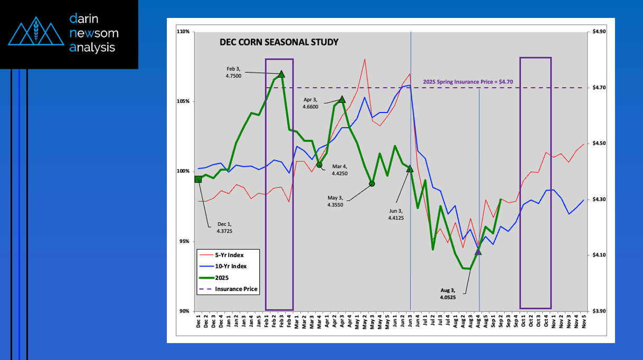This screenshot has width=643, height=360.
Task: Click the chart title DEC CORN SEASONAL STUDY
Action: [x=279, y=42]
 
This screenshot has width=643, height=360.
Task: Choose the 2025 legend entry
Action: [x=222, y=278]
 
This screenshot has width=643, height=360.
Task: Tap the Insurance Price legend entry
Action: [x=235, y=289]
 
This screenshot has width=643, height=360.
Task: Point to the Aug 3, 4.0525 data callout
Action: [x=448, y=293]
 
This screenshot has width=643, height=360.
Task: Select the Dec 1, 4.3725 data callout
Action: [x=224, y=227]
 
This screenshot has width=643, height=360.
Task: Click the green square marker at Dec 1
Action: [x=198, y=179]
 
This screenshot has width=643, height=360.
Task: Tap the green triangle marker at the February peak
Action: [x=281, y=74]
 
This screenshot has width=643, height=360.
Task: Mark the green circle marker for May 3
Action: [x=372, y=184]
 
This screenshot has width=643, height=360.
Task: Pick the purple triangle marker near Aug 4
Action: [x=478, y=252]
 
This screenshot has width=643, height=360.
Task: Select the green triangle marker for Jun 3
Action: [x=410, y=168]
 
